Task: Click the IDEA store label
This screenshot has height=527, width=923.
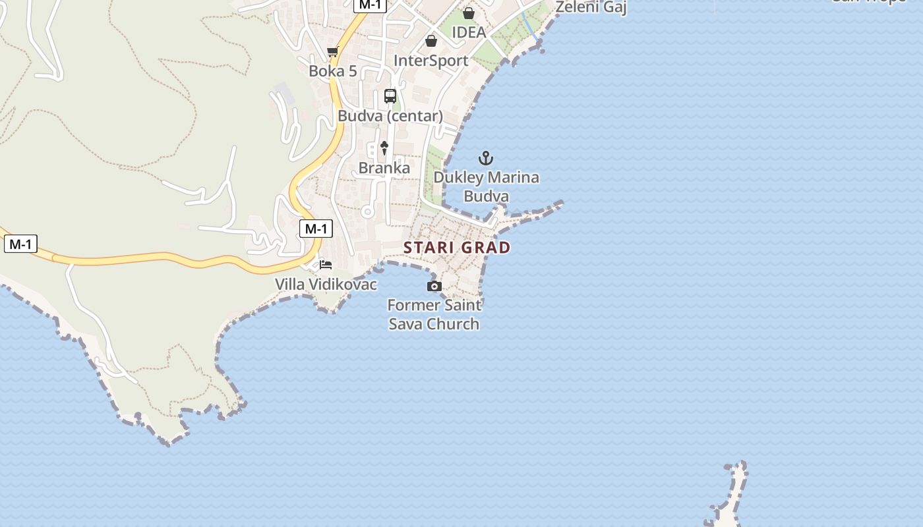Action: (469, 32)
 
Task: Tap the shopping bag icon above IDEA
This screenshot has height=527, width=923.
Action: (469, 13)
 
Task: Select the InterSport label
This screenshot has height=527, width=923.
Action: (431, 61)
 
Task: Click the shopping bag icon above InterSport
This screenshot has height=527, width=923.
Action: (431, 42)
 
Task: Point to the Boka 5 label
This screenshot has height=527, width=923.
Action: (332, 71)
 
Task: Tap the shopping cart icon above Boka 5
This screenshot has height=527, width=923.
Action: (332, 52)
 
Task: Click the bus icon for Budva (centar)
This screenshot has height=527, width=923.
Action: (390, 96)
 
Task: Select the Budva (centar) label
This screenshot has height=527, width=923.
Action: (390, 116)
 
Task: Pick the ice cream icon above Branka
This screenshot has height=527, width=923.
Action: (384, 148)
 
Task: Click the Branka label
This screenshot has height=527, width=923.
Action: (384, 168)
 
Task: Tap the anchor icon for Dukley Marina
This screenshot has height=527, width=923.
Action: (486, 158)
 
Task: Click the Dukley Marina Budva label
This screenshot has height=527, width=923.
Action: (486, 186)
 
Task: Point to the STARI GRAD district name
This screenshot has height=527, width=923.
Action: (457, 248)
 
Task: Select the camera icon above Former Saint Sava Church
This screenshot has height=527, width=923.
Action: (434, 286)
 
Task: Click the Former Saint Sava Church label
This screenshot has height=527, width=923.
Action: (434, 314)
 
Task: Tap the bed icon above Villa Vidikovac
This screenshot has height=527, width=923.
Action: (326, 265)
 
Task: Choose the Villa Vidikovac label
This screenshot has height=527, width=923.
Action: (326, 285)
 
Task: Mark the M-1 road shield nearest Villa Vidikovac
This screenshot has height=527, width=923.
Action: (316, 229)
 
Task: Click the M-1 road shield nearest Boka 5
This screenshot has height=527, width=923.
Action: (369, 5)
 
